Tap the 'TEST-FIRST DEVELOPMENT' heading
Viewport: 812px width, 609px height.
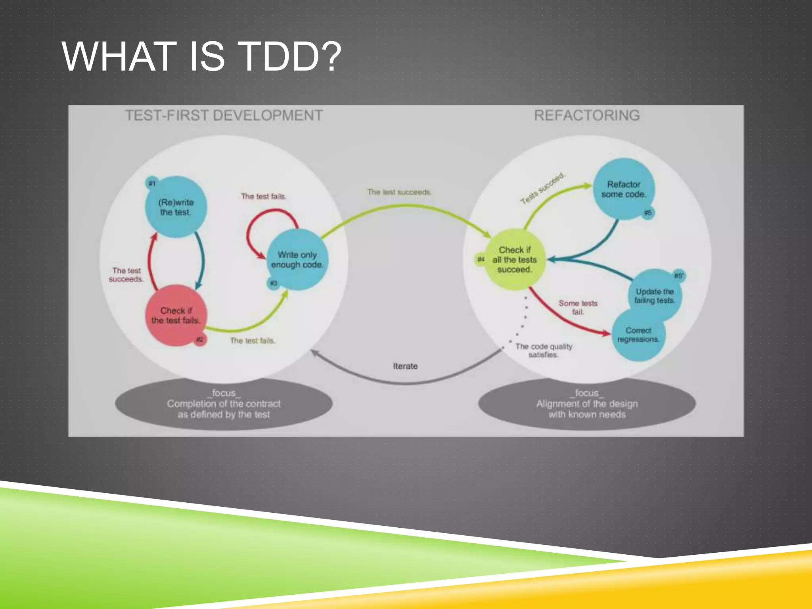pos(224,115)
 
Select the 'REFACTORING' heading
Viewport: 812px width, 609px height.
pos(587,115)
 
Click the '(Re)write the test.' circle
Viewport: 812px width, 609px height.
pos(176,207)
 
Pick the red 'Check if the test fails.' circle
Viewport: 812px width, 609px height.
pos(175,316)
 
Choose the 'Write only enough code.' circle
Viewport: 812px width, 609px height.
pos(297,260)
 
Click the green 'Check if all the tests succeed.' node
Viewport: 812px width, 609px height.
pos(514,260)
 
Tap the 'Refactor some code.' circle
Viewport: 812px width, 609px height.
pos(623,189)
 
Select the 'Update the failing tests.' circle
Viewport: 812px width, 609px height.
pos(655,296)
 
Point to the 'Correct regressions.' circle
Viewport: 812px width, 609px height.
pos(638,335)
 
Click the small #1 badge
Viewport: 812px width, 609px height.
pos(151,183)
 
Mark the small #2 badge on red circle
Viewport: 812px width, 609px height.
pos(200,339)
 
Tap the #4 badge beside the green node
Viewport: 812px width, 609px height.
pos(481,259)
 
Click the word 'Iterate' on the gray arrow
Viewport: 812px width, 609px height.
pos(405,366)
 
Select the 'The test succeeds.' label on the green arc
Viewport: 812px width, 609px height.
pos(399,192)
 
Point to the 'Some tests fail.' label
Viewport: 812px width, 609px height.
pos(578,307)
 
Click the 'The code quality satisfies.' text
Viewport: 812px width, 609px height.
pos(544,350)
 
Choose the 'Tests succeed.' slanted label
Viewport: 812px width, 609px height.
pos(542,189)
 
